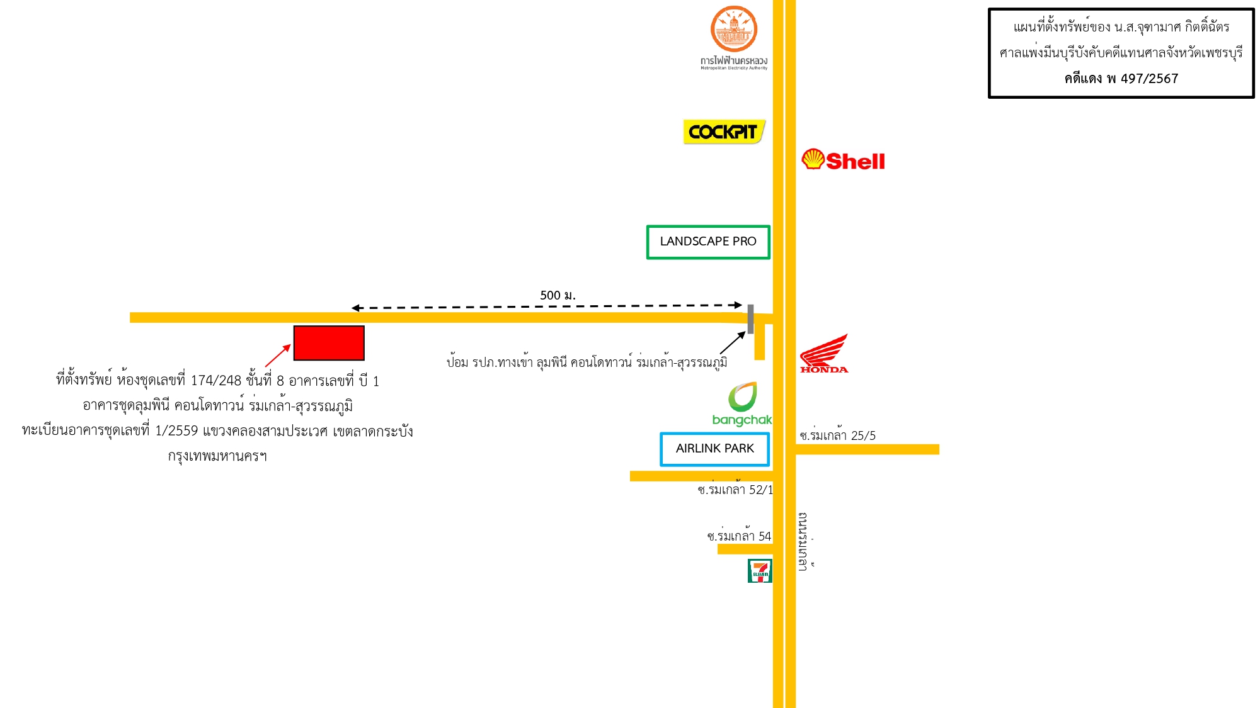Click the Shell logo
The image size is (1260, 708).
click(843, 160)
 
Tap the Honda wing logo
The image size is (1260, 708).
click(824, 354)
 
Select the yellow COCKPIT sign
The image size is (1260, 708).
click(724, 132)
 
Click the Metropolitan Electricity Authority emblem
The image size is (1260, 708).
click(734, 29)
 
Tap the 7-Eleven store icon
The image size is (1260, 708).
click(760, 571)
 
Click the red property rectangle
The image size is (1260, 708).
click(329, 343)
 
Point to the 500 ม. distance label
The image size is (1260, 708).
click(558, 295)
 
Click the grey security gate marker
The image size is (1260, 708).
click(750, 318)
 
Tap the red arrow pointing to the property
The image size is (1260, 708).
click(278, 356)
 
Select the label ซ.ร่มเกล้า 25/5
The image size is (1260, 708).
click(837, 434)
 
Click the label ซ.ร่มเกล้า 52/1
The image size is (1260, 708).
click(735, 488)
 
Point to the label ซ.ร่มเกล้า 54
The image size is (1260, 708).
click(739, 535)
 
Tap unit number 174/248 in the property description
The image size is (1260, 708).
click(216, 381)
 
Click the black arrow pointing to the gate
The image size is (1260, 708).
click(733, 343)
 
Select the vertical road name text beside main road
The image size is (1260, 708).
click(804, 541)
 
